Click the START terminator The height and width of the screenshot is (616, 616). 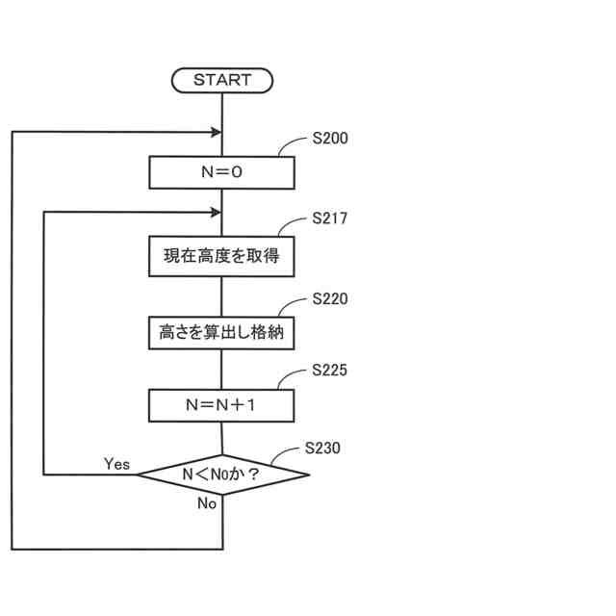click(221, 81)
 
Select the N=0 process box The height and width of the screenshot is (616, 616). click(221, 173)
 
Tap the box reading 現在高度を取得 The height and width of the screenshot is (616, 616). click(221, 256)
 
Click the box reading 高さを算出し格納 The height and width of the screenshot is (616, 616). click(221, 333)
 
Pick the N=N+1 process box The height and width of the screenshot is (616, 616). click(221, 405)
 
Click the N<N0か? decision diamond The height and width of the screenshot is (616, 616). click(222, 475)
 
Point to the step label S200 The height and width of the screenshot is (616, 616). click(330, 139)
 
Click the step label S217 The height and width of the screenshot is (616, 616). click(330, 219)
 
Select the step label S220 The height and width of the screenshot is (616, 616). click(330, 299)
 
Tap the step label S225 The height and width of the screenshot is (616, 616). click(330, 371)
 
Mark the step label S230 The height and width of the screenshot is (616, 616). click(322, 448)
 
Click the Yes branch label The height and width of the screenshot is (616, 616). click(116, 464)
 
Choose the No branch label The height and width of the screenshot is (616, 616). click(207, 503)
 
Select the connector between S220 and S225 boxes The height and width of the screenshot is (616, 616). click(222, 369)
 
